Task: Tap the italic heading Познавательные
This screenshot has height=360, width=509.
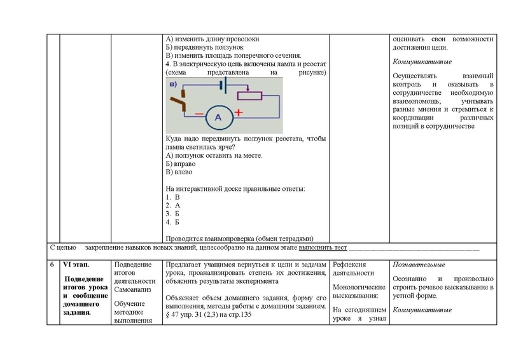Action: point(419,265)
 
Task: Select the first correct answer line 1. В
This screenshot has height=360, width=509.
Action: point(173,198)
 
